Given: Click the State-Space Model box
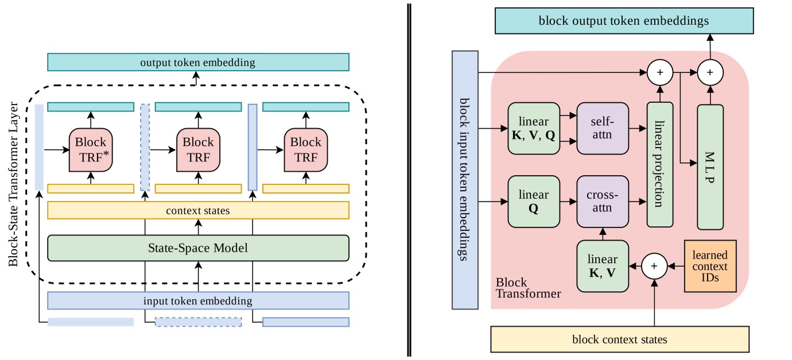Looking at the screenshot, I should point(198,247).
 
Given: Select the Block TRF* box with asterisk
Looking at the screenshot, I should point(91,149).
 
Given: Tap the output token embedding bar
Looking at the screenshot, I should point(198,62).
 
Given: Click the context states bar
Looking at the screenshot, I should point(198,210).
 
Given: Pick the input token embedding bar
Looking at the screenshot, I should point(198,301).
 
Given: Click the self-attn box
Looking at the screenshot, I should point(602,129).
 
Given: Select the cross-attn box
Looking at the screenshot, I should point(602,202).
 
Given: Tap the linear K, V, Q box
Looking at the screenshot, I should point(534,129).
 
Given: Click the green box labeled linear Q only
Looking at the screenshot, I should point(534,202).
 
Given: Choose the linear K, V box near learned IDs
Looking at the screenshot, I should point(603,266).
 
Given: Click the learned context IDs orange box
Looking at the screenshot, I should point(709,266).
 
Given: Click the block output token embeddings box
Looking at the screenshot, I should point(624,21).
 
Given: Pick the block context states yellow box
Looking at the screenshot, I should point(620,339).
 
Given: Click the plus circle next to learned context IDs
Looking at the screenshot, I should point(655,266).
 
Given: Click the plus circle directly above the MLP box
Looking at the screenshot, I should point(710,73).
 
